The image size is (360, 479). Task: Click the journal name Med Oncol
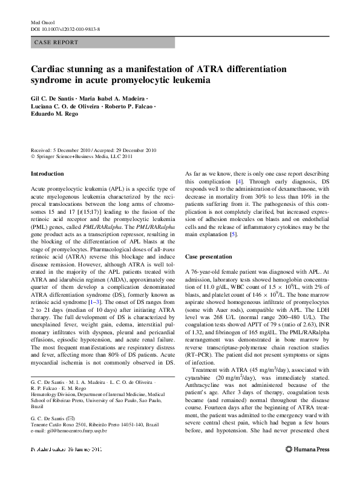(42, 22)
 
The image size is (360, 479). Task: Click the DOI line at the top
(65, 29)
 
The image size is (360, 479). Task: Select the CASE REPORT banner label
(57, 42)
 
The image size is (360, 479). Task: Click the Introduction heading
(47, 174)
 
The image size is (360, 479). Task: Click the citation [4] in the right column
(240, 181)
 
